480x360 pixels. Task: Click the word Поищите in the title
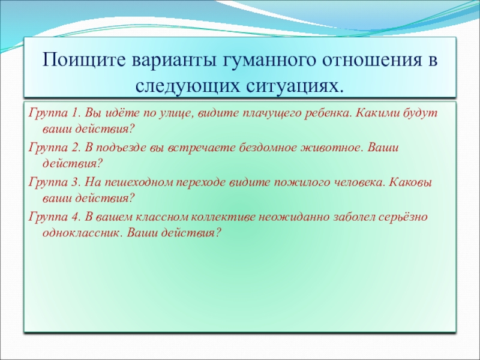click(x=84, y=60)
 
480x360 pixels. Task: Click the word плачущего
click(x=273, y=114)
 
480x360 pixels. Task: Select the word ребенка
click(x=328, y=113)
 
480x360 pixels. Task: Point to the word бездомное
click(x=268, y=148)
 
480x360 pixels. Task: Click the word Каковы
click(x=410, y=182)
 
